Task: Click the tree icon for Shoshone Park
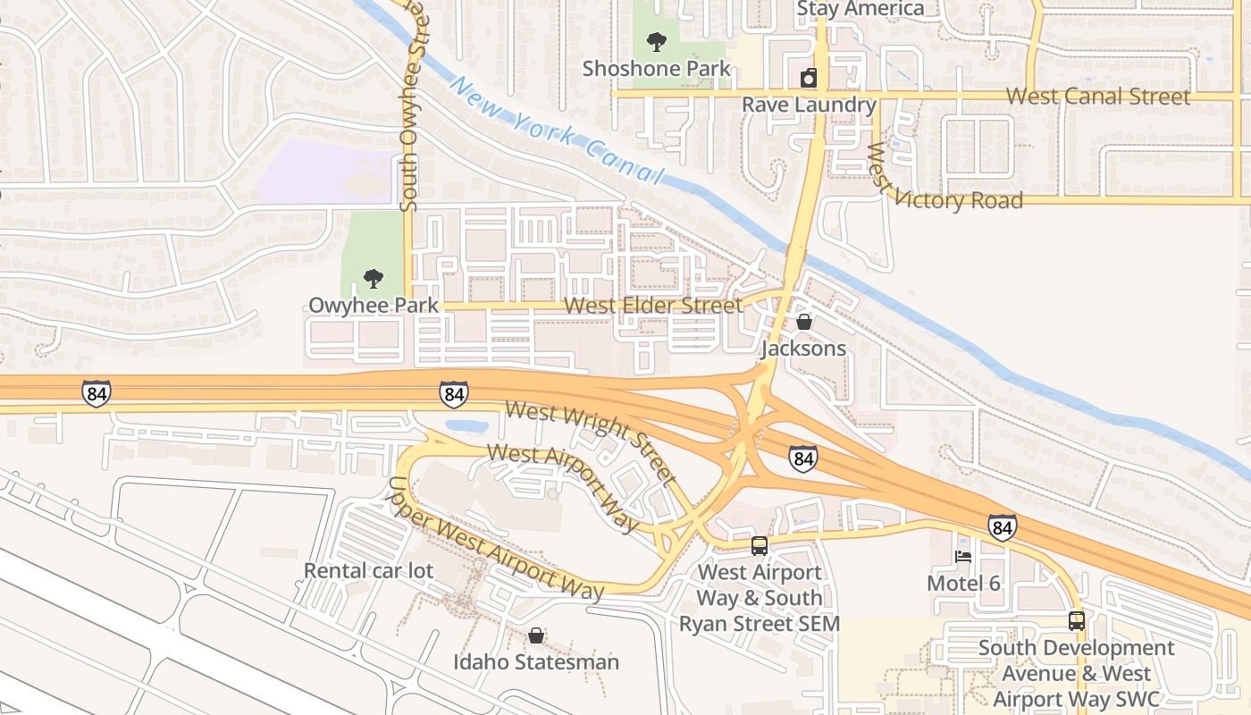tap(656, 41)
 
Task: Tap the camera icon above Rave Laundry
tap(808, 78)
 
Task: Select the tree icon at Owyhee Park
tap(374, 279)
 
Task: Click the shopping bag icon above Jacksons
tap(803, 322)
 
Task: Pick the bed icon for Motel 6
tap(963, 556)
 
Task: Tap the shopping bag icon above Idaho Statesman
tap(535, 635)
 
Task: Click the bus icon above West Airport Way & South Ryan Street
tap(759, 545)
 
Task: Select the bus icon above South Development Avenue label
tap(1077, 620)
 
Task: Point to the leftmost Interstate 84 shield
tap(96, 393)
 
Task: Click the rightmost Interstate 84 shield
tap(1003, 527)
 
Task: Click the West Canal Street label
tap(1097, 97)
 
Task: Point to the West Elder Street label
tap(653, 306)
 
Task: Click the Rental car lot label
tap(368, 570)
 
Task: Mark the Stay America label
tap(860, 9)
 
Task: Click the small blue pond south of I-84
tap(466, 426)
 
